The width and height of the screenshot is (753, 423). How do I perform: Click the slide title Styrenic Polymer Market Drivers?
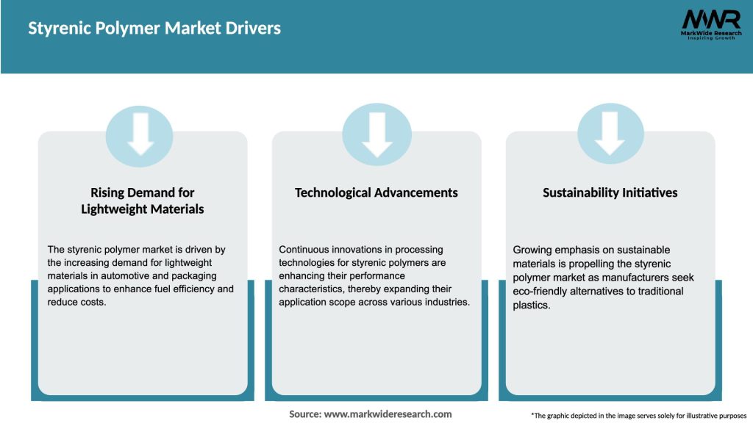pos(154,29)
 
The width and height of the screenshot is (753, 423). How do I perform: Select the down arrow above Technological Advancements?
pos(376,133)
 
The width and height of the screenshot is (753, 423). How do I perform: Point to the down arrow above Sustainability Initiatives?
pos(610,133)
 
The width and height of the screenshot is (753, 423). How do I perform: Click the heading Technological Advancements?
pos(376,192)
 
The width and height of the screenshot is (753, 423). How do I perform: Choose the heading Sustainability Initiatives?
pos(610,192)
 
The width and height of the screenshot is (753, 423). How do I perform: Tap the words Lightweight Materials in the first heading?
pos(143,209)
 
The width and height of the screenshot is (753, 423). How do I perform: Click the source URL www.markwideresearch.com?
pos(388,414)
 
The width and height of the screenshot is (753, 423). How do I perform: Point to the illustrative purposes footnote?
pos(638,416)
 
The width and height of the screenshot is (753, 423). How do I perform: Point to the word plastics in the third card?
pos(531,305)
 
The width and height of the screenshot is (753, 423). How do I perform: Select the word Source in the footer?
pos(305,414)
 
